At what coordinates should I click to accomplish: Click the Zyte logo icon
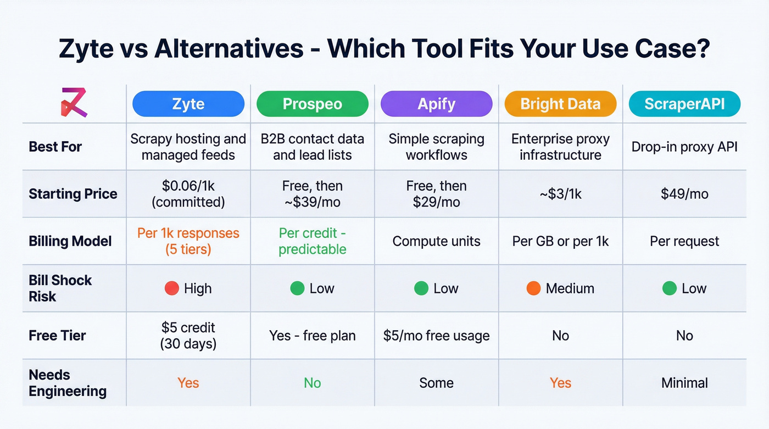74,103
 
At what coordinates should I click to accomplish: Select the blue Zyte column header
188,104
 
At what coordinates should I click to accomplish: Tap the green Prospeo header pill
313,104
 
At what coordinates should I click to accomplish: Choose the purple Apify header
437,104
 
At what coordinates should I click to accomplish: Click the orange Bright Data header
560,104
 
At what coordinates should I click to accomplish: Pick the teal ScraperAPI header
684,104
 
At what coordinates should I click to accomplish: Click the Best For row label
55,147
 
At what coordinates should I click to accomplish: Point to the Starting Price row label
73,194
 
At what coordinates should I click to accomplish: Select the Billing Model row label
70,241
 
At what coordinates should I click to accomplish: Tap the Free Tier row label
57,336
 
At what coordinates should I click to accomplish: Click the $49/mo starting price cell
684,194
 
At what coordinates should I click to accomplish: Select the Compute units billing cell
437,241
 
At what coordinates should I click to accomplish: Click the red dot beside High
172,288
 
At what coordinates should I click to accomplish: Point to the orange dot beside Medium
533,288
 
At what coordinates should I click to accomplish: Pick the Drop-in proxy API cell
684,147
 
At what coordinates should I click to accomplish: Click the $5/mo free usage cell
437,336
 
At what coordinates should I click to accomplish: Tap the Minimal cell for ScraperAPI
684,383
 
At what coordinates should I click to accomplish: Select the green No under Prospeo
313,383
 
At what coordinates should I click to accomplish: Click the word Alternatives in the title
229,49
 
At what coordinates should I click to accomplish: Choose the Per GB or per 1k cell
560,241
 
